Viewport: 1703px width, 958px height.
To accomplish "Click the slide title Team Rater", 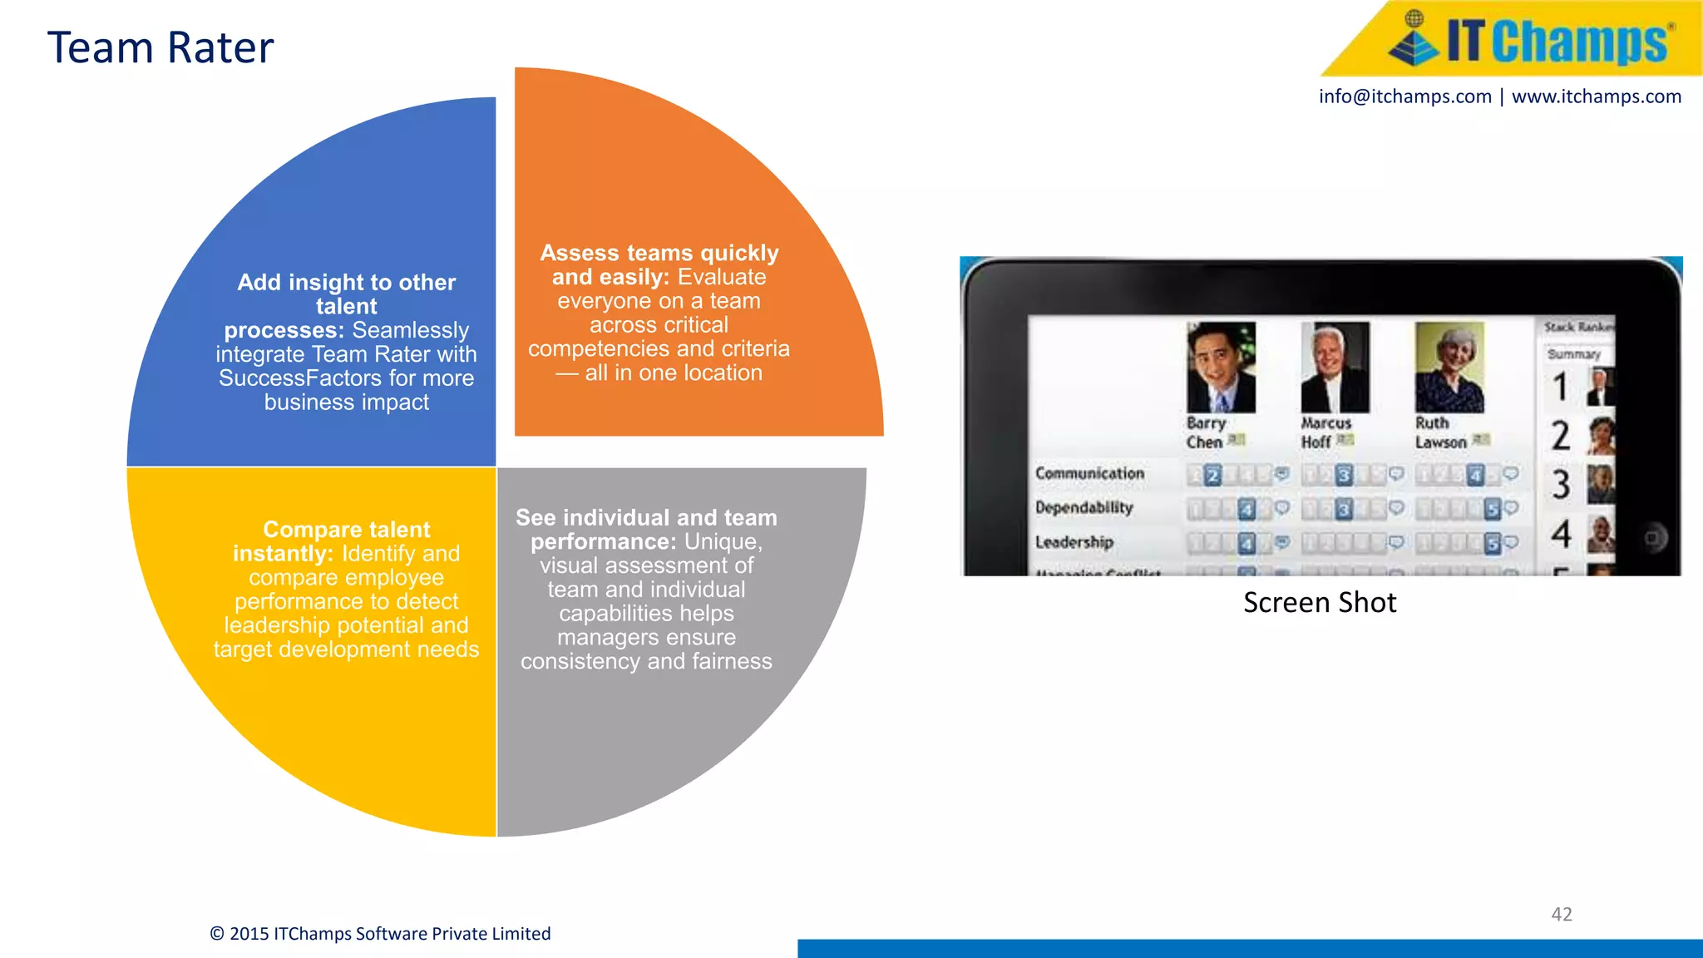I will [x=160, y=47].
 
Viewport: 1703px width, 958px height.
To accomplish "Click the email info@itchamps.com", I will [x=1404, y=96].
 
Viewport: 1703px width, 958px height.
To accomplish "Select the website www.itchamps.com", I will [x=1596, y=96].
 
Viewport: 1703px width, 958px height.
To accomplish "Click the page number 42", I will [x=1561, y=914].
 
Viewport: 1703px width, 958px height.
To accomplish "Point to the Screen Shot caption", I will [x=1320, y=602].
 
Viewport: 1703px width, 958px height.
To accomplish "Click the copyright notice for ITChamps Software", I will [x=380, y=933].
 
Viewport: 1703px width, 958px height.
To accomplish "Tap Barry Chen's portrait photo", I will [x=1221, y=368].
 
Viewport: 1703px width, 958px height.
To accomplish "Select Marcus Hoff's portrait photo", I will [x=1335, y=368].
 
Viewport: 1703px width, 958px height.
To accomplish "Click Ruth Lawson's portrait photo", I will [x=1449, y=368].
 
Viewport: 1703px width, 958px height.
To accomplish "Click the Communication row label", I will [x=1089, y=473].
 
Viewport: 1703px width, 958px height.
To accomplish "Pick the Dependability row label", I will [x=1084, y=507].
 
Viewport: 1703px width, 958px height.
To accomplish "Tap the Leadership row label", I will [x=1074, y=542].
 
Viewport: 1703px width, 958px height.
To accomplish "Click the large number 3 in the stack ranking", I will [x=1561, y=485].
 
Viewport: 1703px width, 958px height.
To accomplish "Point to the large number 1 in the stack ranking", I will [x=1560, y=388].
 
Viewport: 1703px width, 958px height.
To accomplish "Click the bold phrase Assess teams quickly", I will [x=659, y=253].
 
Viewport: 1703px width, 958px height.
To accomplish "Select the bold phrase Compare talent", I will [x=346, y=530].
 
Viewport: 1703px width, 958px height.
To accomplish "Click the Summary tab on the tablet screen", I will [x=1573, y=354].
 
